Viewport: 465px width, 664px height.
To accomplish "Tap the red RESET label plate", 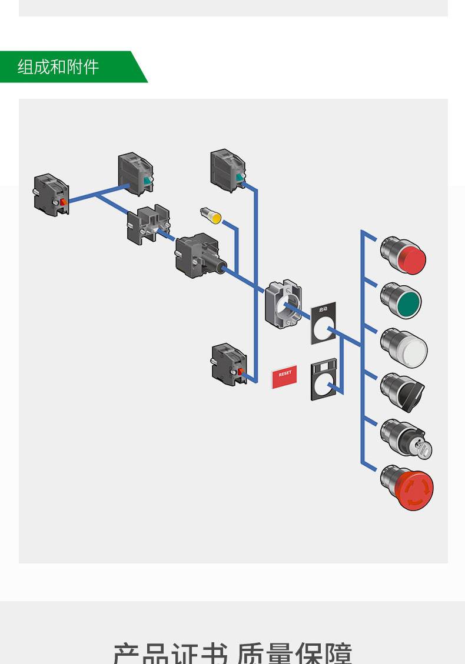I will tap(285, 376).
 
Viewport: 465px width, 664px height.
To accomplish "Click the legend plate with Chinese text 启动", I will tap(323, 324).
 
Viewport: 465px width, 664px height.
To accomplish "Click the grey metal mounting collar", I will tap(283, 303).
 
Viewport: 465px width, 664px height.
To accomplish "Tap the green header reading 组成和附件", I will tap(59, 66).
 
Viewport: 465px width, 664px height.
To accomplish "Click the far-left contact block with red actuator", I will tap(51, 193).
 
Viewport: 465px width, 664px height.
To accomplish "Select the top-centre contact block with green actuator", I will tap(228, 170).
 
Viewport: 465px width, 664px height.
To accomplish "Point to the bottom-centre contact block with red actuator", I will tap(229, 364).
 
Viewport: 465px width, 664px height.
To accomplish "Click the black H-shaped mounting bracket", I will tap(149, 224).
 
